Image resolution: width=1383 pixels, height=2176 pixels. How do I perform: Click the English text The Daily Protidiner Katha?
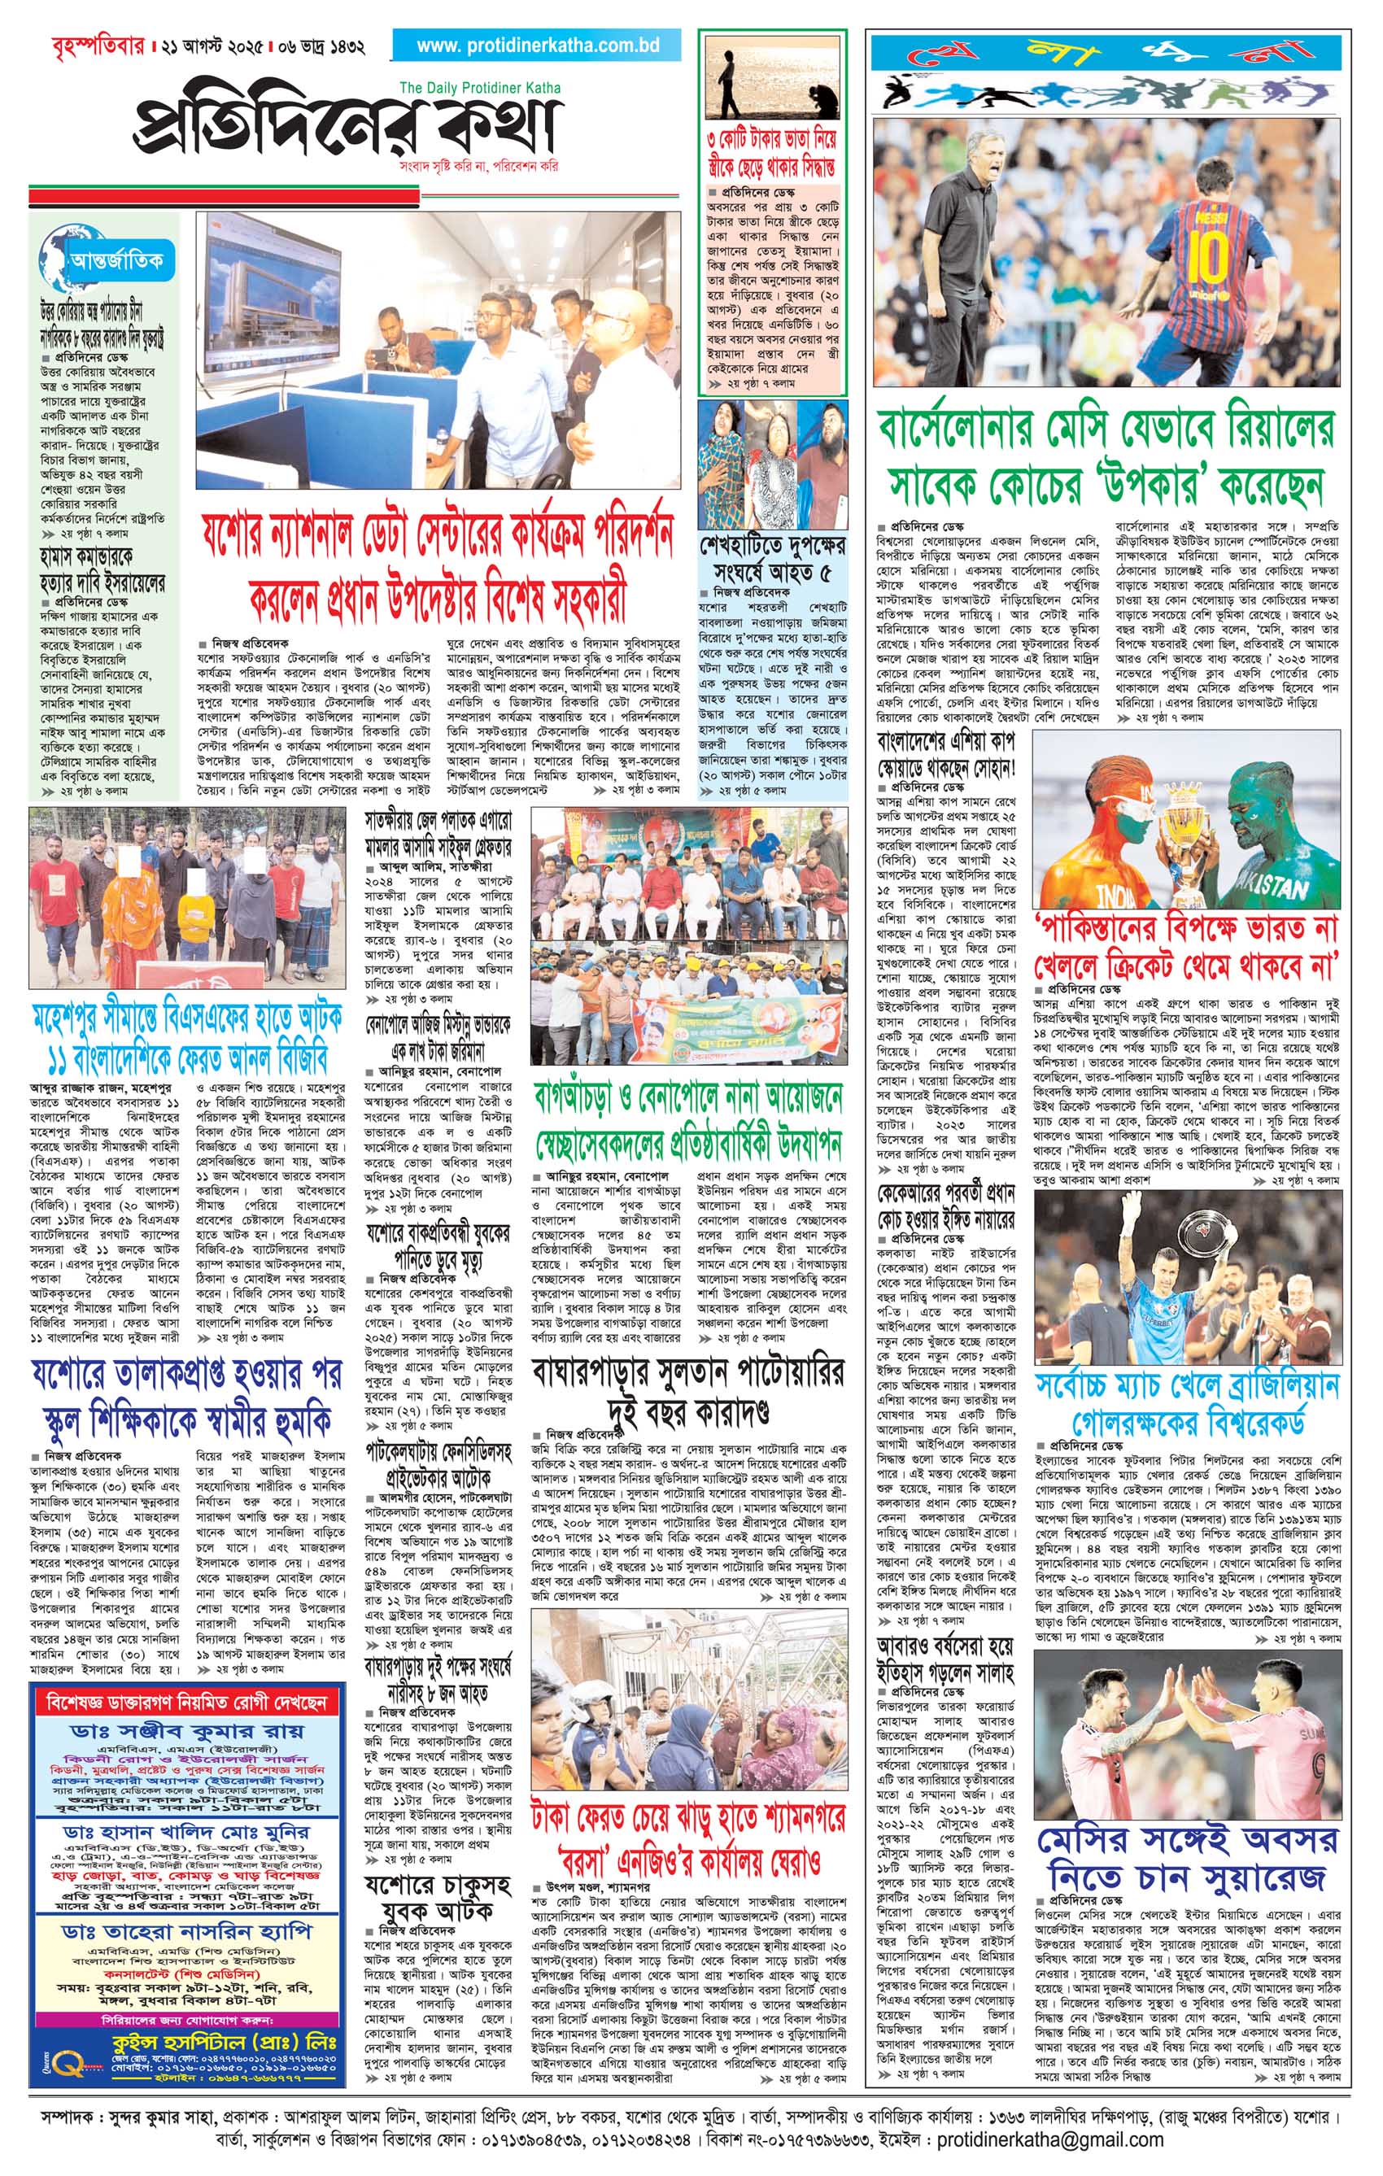click(x=479, y=88)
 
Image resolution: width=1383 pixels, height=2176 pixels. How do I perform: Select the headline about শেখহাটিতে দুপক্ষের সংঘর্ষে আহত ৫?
click(x=773, y=560)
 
